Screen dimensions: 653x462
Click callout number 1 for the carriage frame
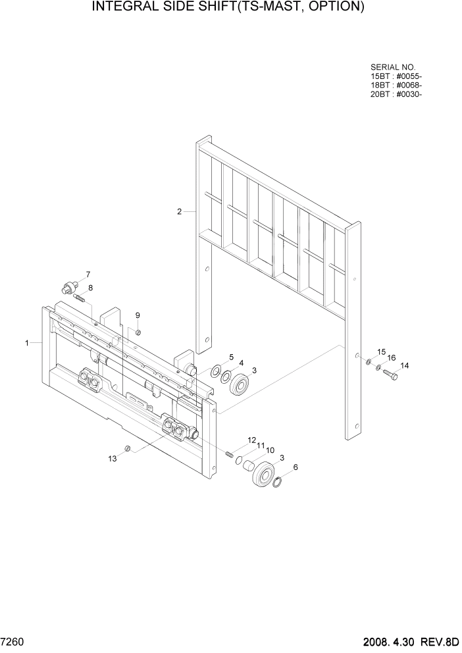tap(27, 343)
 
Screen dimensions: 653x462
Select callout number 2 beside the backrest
tap(179, 211)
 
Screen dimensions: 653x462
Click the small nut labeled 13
tap(129, 449)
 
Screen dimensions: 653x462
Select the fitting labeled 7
tap(68, 287)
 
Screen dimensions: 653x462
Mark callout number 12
tap(251, 440)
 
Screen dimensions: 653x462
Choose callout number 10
tap(270, 451)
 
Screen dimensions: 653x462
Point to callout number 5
tap(231, 357)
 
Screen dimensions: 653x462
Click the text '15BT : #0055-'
tap(396, 76)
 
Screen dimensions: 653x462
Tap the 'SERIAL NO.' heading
tap(393, 67)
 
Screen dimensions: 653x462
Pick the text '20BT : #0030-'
tap(396, 93)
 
